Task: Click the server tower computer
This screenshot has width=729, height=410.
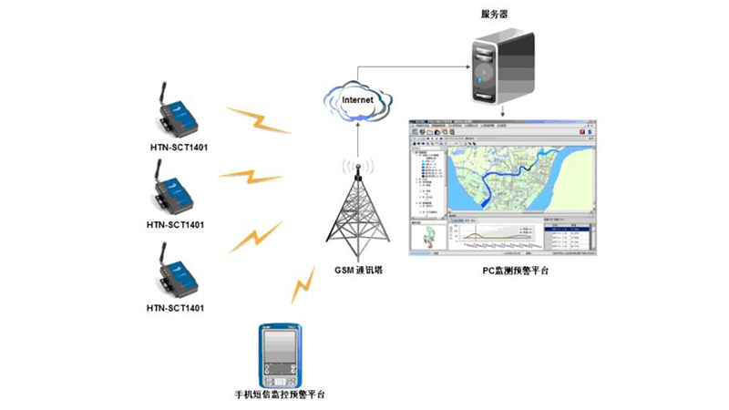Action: click(x=498, y=65)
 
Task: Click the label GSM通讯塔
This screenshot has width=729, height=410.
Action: click(x=359, y=271)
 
